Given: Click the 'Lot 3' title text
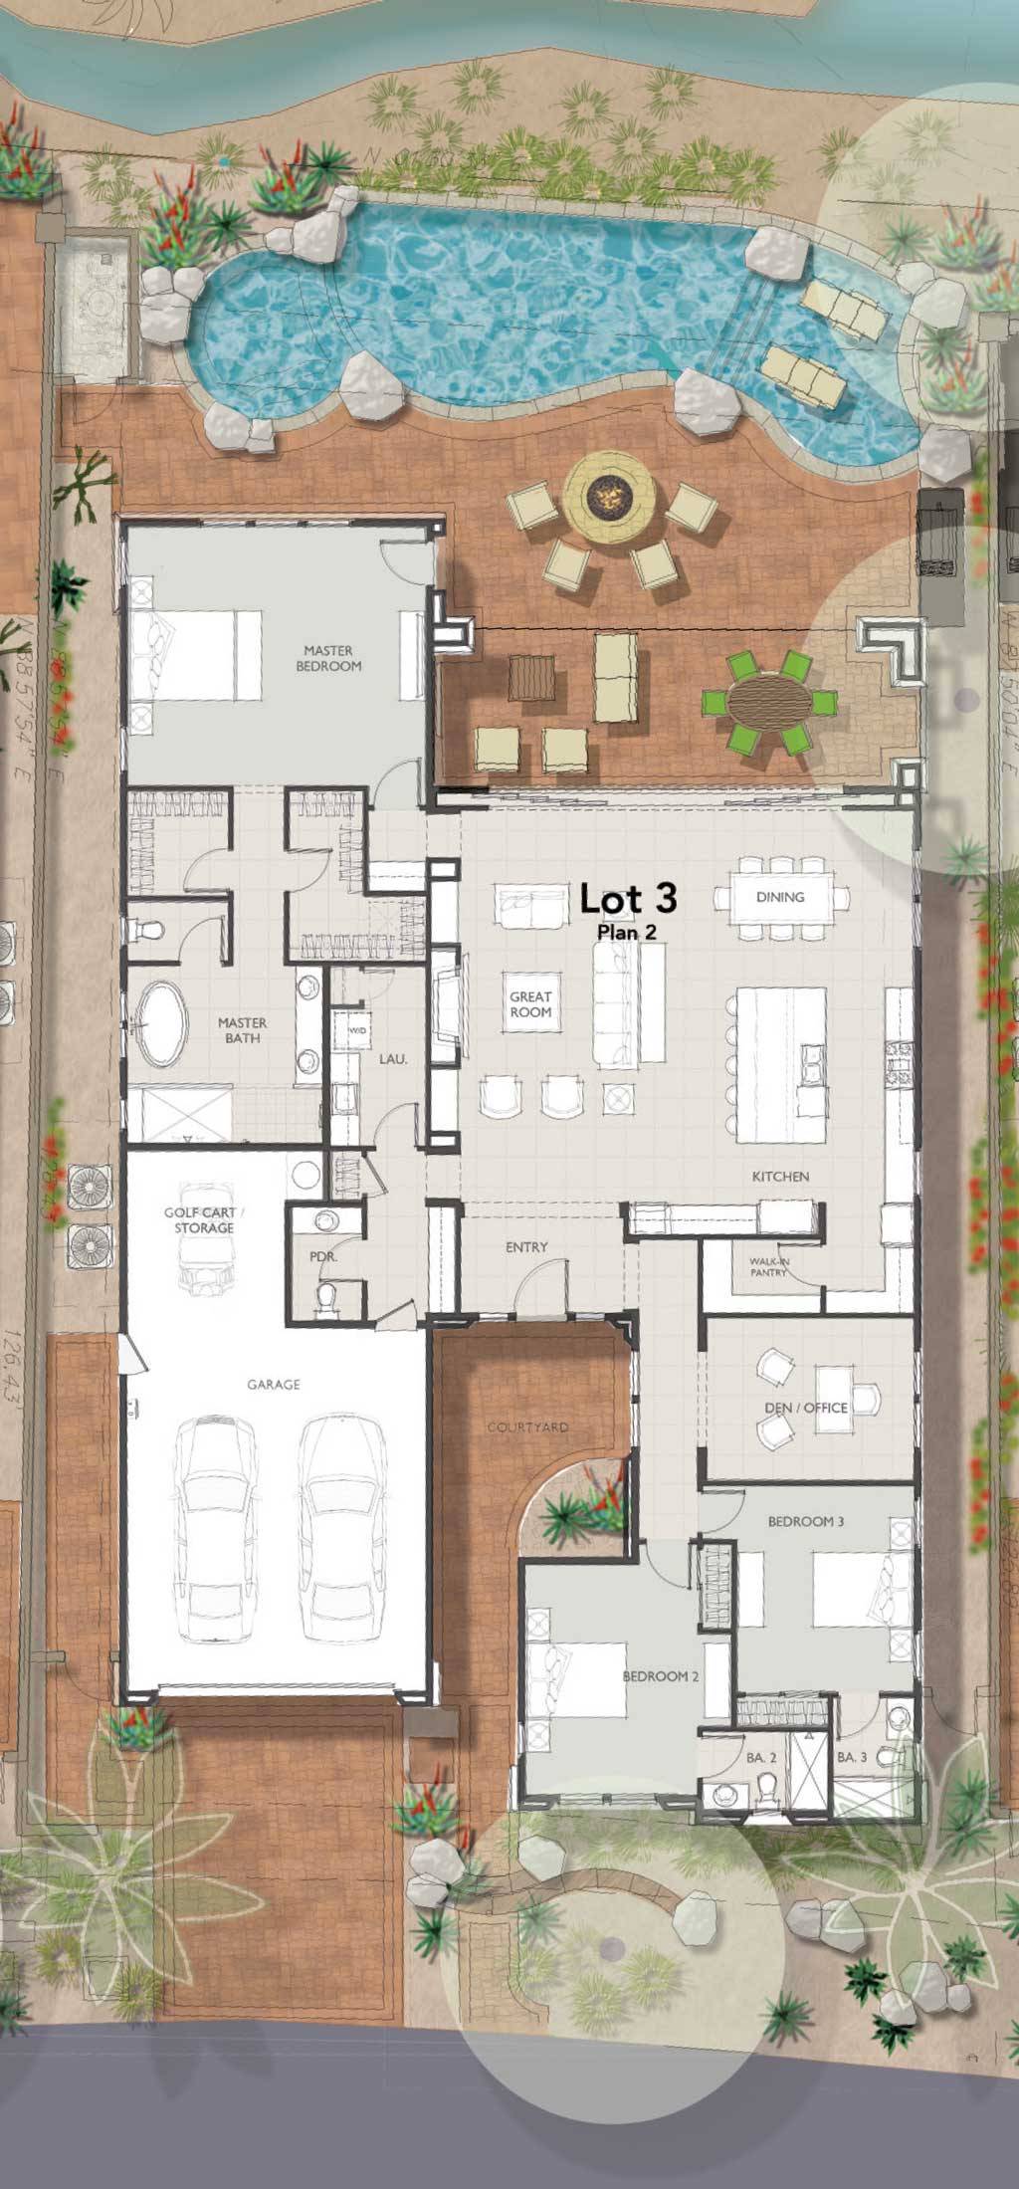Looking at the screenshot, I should click(628, 899).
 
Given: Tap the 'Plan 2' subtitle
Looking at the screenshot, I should click(627, 932).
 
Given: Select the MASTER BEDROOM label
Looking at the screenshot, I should click(328, 658).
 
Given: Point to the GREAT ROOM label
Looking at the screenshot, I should click(530, 1003).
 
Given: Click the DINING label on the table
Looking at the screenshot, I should click(780, 897).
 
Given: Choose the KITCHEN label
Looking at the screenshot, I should click(780, 1177).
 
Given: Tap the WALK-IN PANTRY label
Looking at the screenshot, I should click(768, 1266).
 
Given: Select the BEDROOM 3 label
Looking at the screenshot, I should click(806, 1521).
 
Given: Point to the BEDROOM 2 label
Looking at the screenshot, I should click(661, 1676).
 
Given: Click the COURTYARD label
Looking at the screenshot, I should click(528, 1427).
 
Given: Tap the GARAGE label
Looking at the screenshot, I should click(274, 1385).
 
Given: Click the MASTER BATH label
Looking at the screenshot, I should click(243, 1030).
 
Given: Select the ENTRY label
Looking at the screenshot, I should click(526, 1247).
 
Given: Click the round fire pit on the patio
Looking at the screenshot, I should click(610, 497).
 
